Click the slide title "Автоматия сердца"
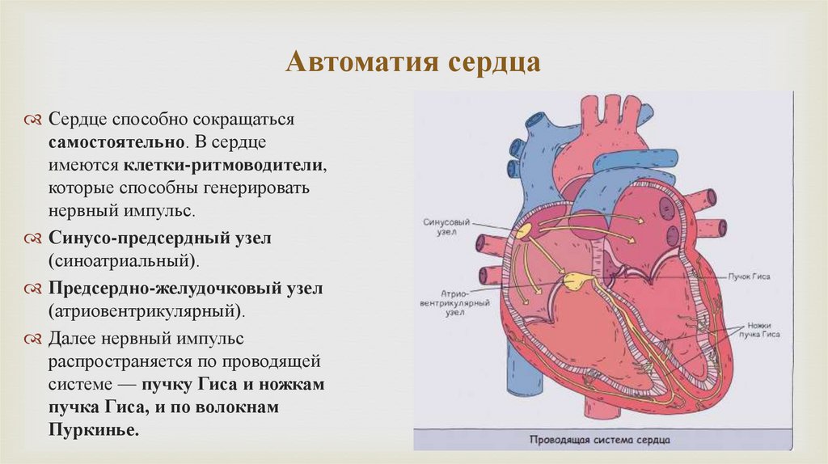click(413, 63)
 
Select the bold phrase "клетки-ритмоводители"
click(225, 165)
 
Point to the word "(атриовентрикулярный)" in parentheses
click(146, 310)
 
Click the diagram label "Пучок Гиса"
click(750, 276)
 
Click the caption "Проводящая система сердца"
click(600, 441)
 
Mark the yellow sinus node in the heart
click(525, 231)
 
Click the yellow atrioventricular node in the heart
click(577, 281)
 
